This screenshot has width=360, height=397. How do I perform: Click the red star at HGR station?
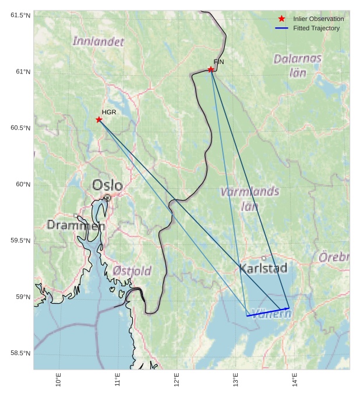(x=99, y=120)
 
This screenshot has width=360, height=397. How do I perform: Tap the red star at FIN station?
(x=211, y=69)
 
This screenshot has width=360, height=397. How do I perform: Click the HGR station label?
(x=109, y=112)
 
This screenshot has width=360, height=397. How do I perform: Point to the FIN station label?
(x=218, y=62)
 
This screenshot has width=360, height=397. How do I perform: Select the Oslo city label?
(x=108, y=186)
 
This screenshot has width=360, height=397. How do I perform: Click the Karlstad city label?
(x=263, y=268)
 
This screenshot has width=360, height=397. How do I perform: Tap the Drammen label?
(x=76, y=225)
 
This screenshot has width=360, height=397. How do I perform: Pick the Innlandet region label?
(x=98, y=41)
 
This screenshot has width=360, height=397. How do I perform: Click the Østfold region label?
(x=132, y=270)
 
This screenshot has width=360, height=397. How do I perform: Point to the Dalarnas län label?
(x=298, y=65)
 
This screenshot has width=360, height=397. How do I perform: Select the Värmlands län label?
(x=249, y=198)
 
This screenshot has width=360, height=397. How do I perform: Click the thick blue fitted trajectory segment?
(x=268, y=312)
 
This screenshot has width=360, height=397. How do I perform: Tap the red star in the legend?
(x=282, y=19)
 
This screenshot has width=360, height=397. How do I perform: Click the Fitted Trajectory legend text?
(x=316, y=28)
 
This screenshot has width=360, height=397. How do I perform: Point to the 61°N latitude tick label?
(x=21, y=72)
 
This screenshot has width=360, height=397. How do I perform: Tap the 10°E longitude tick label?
(x=58, y=380)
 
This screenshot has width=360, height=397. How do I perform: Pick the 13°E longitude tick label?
(x=236, y=380)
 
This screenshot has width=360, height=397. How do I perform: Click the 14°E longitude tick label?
(x=295, y=380)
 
